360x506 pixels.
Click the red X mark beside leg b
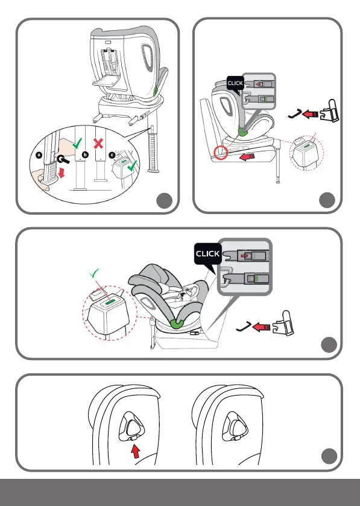click(x=98, y=143)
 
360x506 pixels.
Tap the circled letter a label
click(x=39, y=155)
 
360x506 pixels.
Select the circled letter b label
click(x=85, y=155)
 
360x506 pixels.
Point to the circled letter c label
click(x=112, y=155)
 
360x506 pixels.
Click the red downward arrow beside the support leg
click(x=62, y=172)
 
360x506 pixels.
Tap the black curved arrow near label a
click(x=62, y=159)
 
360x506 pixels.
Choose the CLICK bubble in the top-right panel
click(x=235, y=84)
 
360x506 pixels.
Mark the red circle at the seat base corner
click(x=221, y=153)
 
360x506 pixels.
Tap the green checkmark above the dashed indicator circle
click(x=94, y=274)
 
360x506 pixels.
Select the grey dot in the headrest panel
click(x=329, y=457)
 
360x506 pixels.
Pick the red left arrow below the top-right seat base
click(x=247, y=157)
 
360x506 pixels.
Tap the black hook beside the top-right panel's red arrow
click(x=295, y=113)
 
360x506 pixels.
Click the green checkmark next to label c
click(x=131, y=165)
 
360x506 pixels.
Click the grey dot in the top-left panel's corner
click(x=165, y=201)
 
